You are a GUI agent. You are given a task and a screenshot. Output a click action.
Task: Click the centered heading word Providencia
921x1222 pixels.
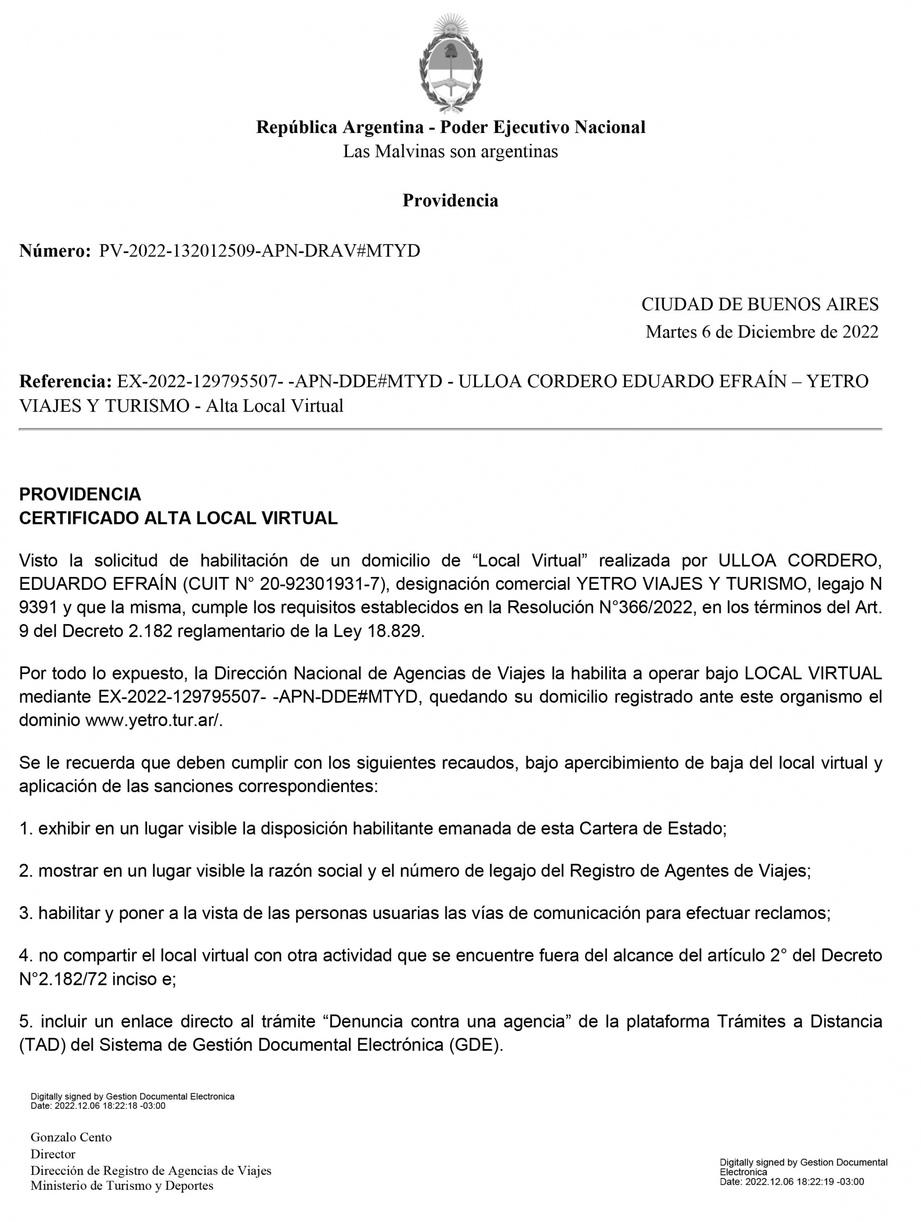pyautogui.click(x=450, y=200)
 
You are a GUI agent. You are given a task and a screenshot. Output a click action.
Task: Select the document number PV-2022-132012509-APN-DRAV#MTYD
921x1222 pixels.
pyautogui.click(x=259, y=251)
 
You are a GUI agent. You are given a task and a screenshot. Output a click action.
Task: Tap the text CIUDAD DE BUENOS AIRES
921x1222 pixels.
pyautogui.click(x=759, y=304)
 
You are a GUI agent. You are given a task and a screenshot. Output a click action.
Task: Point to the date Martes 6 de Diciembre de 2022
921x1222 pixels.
pyautogui.click(x=762, y=332)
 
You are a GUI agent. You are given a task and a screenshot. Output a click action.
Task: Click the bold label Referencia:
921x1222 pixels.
pyautogui.click(x=66, y=381)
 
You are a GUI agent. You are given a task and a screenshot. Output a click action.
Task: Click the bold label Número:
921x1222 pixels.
pyautogui.click(x=55, y=251)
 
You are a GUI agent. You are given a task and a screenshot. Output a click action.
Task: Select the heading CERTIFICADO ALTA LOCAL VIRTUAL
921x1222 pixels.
pyautogui.click(x=178, y=518)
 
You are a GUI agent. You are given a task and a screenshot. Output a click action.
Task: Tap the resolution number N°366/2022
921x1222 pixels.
pyautogui.click(x=645, y=607)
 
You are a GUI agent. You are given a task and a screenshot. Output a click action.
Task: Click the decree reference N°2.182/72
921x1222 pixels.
pyautogui.click(x=63, y=979)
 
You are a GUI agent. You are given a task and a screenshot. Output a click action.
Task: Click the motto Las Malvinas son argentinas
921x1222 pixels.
pyautogui.click(x=450, y=152)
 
